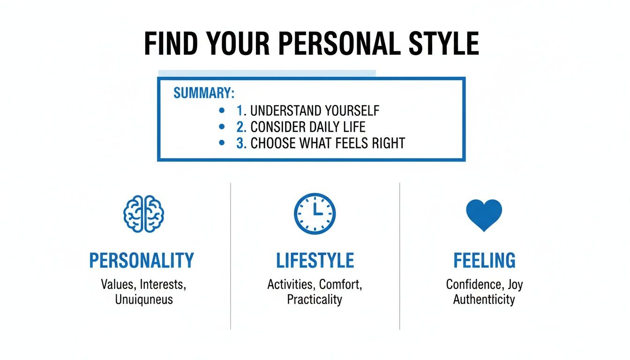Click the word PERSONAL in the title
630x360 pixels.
coord(337,44)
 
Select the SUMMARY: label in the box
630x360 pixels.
coord(203,93)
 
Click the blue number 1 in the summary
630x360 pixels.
coord(240,111)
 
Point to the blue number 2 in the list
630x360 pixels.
coord(240,127)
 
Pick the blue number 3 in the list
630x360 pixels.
coord(241,143)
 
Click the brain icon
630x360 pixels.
coord(144,214)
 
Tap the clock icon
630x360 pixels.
coord(315,214)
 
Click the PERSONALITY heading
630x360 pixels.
coord(142,261)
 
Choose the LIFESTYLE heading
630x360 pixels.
coord(315,261)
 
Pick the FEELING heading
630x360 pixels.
coord(484,261)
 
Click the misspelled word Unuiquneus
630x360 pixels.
coord(144,299)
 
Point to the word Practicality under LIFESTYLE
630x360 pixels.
coord(315,299)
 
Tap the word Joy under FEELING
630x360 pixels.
coord(514,284)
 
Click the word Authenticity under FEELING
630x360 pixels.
coord(484,299)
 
